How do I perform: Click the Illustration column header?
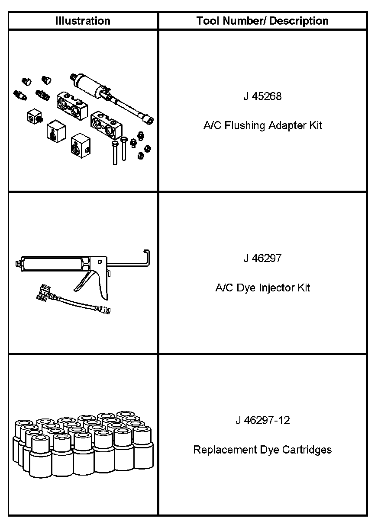tap(83, 21)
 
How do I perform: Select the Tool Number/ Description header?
tap(262, 21)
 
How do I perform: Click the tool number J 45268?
tap(262, 96)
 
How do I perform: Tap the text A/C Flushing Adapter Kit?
tap(262, 126)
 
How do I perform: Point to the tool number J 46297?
tap(262, 259)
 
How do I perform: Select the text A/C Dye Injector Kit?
tap(262, 288)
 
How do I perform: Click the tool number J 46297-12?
tap(262, 420)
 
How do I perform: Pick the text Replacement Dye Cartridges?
tap(262, 450)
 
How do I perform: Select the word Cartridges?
tap(307, 450)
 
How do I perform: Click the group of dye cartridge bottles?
tap(82, 445)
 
